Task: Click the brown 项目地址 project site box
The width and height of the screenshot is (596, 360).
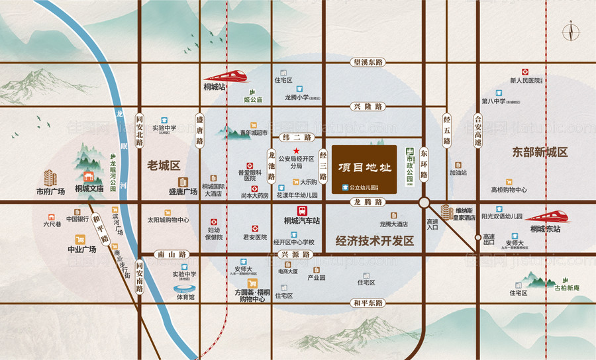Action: [364, 168]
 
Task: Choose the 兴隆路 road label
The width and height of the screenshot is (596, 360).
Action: [369, 107]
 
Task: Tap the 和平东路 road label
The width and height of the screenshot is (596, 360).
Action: [368, 303]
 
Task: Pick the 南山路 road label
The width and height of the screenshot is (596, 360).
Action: [171, 254]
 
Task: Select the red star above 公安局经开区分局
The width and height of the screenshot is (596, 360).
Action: [287, 152]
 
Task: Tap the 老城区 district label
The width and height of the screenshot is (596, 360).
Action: [164, 165]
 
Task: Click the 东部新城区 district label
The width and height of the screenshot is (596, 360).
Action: [540, 152]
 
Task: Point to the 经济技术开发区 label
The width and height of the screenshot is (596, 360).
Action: [375, 242]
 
